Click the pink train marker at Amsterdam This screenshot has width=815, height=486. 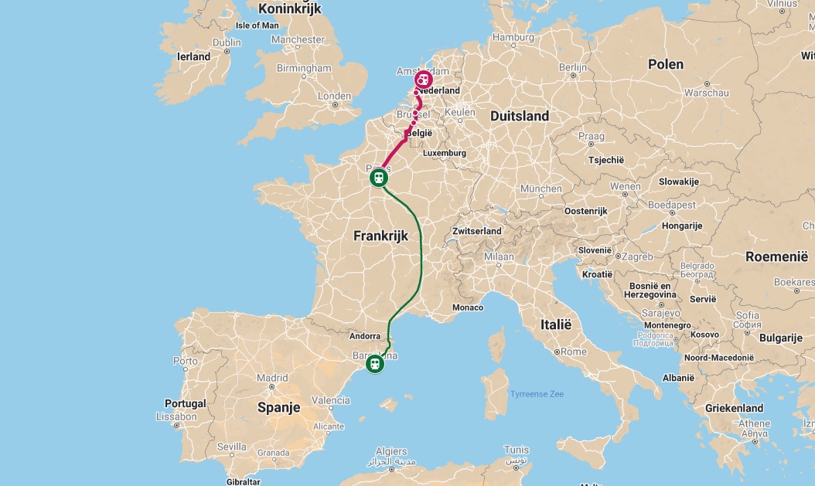(424, 80)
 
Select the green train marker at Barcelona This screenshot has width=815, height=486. (375, 363)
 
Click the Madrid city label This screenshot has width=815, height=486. (272, 378)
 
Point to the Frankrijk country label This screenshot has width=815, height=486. (380, 236)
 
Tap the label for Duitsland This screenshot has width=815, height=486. (519, 116)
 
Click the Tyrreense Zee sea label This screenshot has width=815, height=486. (537, 394)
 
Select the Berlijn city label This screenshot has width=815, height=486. (573, 68)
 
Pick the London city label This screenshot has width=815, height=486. (334, 97)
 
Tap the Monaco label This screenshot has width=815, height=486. (468, 308)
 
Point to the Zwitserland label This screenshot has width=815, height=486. (477, 231)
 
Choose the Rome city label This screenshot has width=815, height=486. (573, 352)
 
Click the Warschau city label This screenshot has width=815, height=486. (707, 93)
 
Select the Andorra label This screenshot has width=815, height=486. (365, 336)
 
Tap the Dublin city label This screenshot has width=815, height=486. (227, 42)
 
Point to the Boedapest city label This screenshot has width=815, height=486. (671, 206)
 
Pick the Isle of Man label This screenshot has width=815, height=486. (257, 25)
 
